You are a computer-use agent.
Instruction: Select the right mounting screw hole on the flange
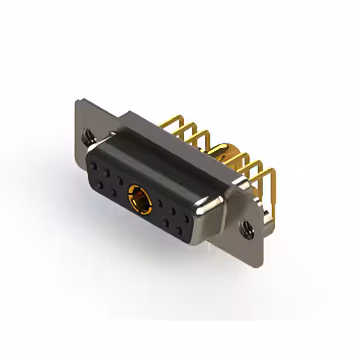[x=245, y=228]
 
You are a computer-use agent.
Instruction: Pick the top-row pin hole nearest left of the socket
[x=120, y=181]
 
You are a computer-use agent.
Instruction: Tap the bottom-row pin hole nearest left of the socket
[x=114, y=192]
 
